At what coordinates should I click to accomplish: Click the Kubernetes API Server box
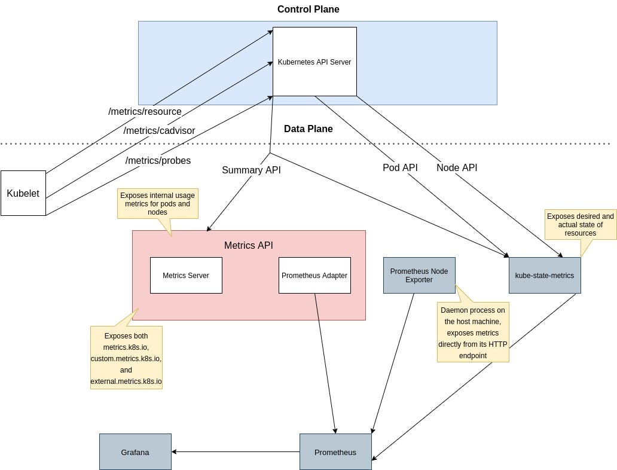tap(314, 62)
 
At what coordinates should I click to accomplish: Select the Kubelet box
tap(23, 193)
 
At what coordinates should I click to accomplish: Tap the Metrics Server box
tap(186, 276)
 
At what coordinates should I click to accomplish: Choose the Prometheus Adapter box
tap(314, 276)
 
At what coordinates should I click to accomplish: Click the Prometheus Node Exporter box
tap(419, 275)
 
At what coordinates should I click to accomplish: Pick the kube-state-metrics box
tap(545, 276)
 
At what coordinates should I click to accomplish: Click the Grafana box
tap(135, 452)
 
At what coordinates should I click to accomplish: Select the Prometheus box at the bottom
tap(335, 452)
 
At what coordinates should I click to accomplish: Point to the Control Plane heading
tap(308, 9)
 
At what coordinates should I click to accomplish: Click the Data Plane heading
tap(308, 129)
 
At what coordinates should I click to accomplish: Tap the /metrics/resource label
tap(145, 112)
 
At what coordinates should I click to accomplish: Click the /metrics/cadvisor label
tap(159, 130)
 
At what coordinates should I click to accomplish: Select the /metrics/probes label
tap(158, 160)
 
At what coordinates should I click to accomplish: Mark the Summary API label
tap(251, 170)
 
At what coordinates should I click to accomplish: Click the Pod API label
tap(400, 168)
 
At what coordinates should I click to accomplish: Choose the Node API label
tap(457, 168)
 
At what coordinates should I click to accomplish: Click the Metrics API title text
tap(248, 245)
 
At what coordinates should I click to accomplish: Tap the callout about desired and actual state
tap(581, 224)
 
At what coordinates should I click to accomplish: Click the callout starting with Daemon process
tap(473, 332)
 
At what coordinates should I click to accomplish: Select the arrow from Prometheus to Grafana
tap(236, 452)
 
